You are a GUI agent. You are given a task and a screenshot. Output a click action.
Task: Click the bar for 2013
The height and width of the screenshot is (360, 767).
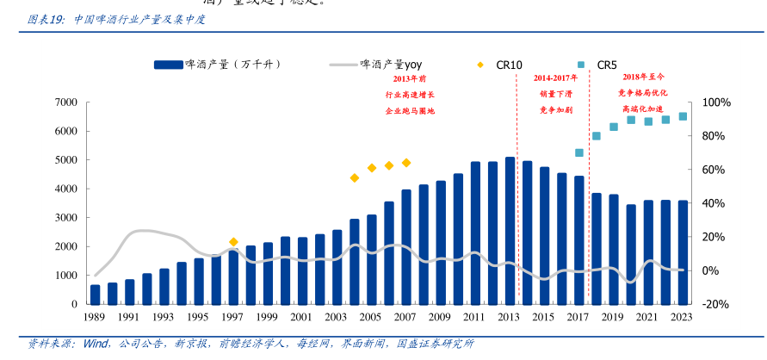pyautogui.click(x=510, y=231)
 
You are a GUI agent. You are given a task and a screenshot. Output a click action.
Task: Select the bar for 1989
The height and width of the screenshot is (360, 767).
pyautogui.click(x=96, y=294)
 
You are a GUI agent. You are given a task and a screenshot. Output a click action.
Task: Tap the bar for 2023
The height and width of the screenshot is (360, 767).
pyautogui.click(x=683, y=252)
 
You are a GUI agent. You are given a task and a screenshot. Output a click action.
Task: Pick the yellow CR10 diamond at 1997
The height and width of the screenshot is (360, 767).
pyautogui.click(x=233, y=242)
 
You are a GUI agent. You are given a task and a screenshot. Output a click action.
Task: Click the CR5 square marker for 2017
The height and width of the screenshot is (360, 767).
pyautogui.click(x=579, y=152)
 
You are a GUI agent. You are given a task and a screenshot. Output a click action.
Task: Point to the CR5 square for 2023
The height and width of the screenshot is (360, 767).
pyautogui.click(x=683, y=116)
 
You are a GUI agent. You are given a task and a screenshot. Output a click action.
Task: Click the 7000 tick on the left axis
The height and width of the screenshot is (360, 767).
pyautogui.click(x=66, y=102)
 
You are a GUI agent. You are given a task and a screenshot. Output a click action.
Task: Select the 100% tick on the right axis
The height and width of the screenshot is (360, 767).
pyautogui.click(x=716, y=102)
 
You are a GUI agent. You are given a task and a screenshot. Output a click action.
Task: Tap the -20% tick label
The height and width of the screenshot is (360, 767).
pyautogui.click(x=716, y=304)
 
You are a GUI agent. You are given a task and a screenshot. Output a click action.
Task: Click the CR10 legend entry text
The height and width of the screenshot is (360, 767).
pyautogui.click(x=509, y=65)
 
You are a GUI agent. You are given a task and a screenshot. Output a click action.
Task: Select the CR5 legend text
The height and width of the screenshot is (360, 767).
pyautogui.click(x=607, y=65)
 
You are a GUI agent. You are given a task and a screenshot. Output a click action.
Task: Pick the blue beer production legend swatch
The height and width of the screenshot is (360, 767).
pyautogui.click(x=169, y=65)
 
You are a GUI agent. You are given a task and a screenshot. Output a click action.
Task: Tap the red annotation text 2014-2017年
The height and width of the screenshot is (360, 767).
pyautogui.click(x=556, y=78)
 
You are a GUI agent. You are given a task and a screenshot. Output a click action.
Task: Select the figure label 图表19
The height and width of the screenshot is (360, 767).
pyautogui.click(x=46, y=18)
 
